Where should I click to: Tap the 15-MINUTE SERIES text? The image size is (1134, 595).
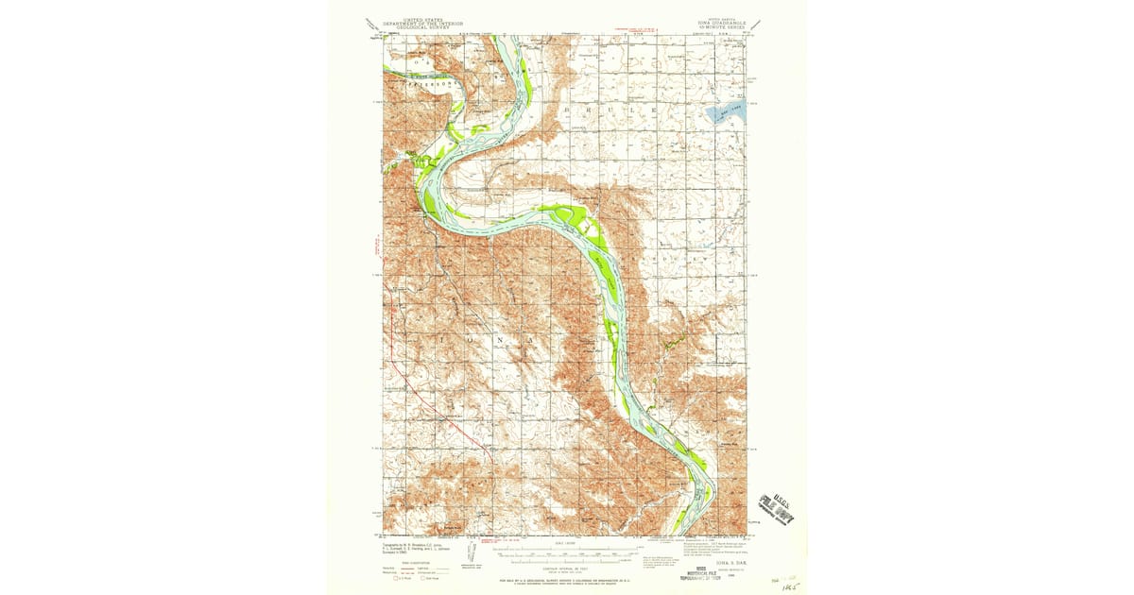[x=724, y=27]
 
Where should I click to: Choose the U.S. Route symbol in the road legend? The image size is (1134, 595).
[x=399, y=577]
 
